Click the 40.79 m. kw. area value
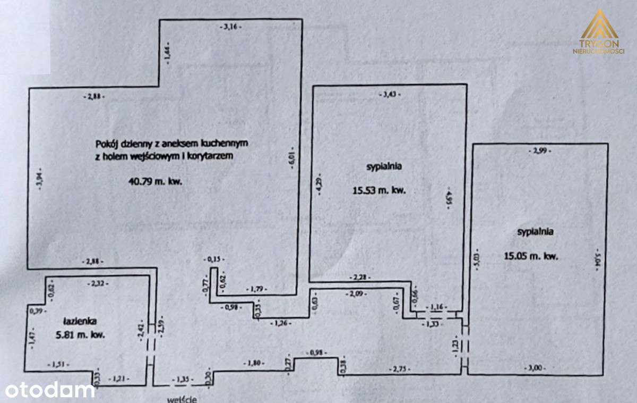point(156,181)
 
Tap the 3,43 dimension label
point(390,95)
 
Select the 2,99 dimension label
point(540,152)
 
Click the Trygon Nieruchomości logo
point(599,32)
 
